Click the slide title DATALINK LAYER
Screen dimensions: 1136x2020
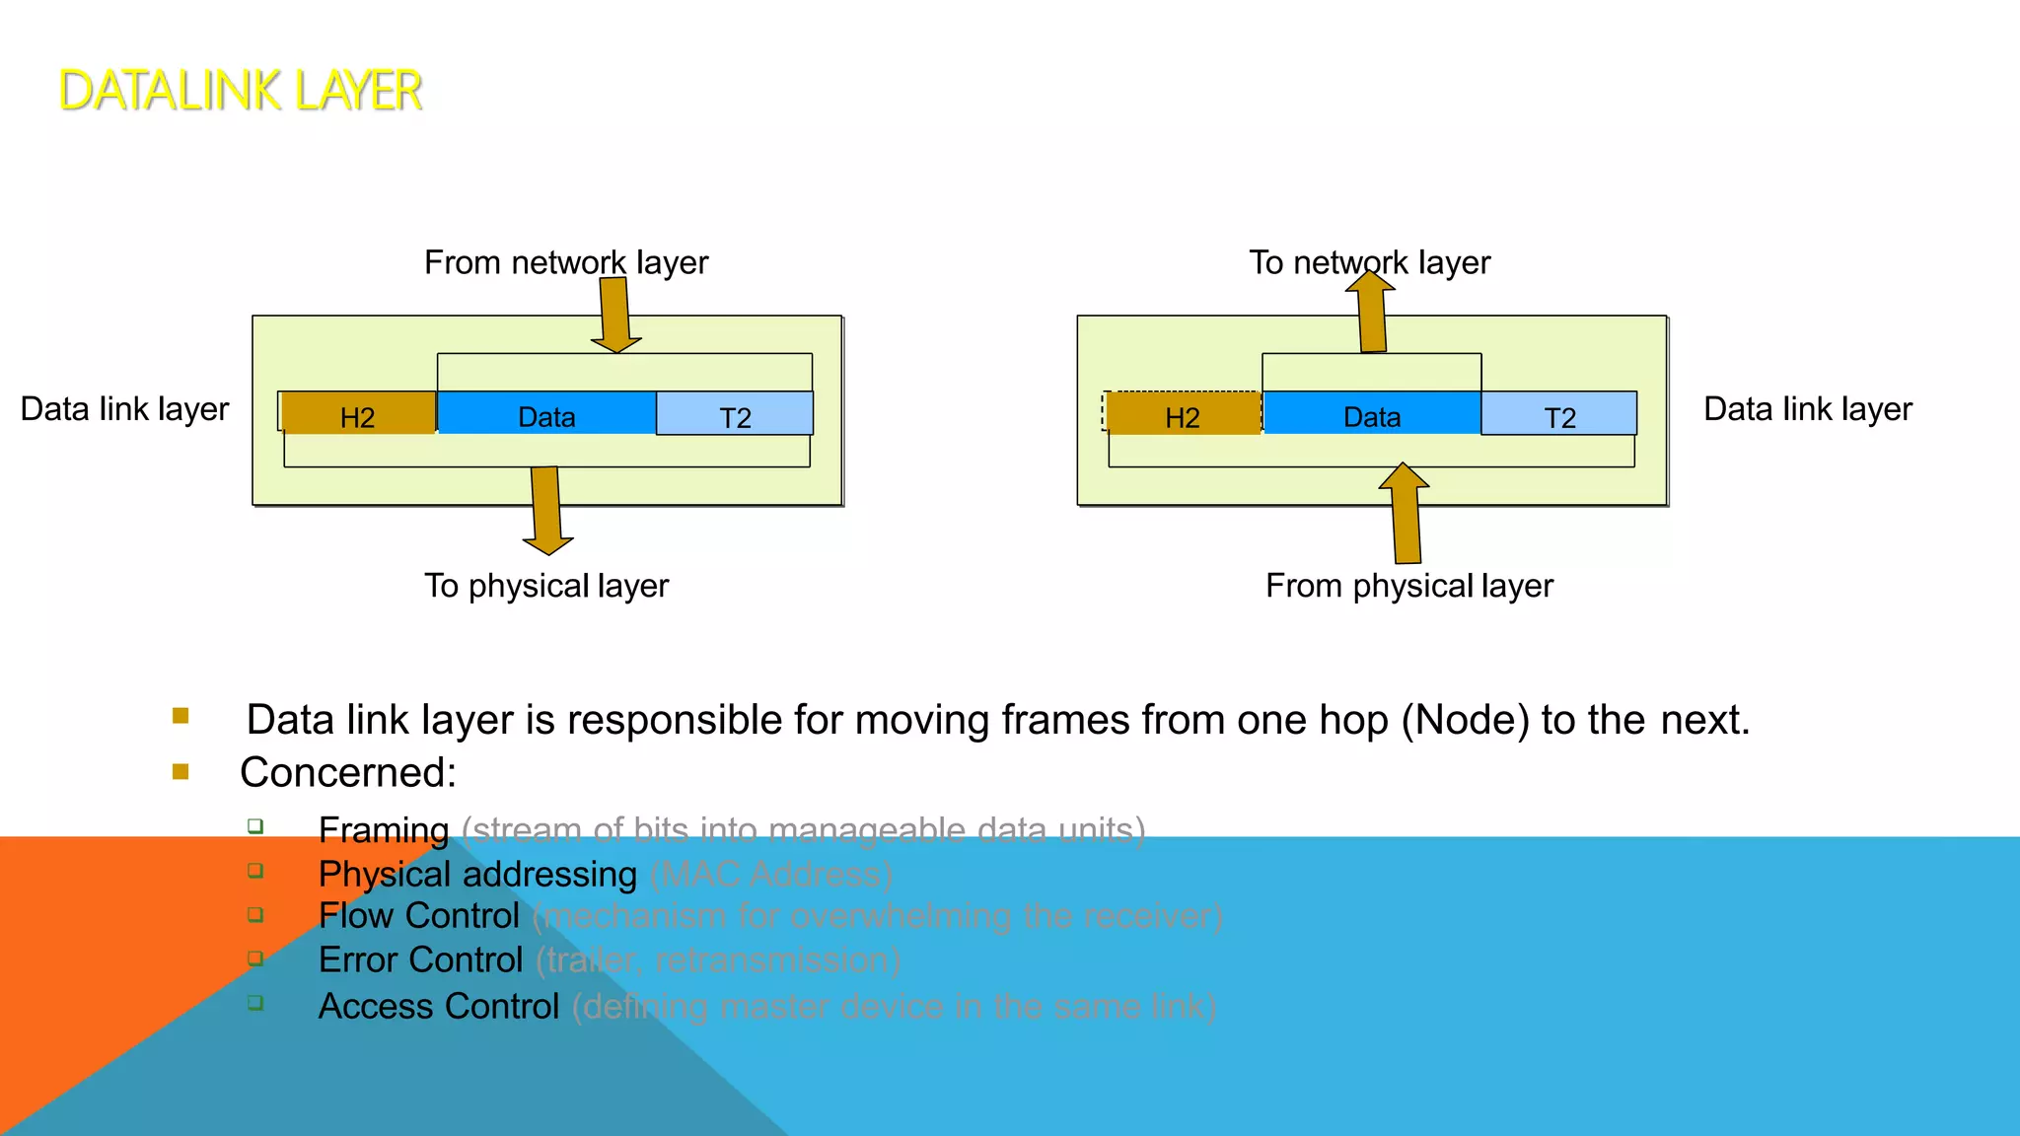(x=240, y=91)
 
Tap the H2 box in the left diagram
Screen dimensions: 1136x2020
(x=357, y=414)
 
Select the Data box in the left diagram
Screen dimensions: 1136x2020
(x=546, y=414)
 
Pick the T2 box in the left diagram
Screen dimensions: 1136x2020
(x=735, y=414)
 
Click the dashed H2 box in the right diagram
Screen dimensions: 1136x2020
(x=1182, y=414)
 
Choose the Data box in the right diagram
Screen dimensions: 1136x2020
(x=1371, y=414)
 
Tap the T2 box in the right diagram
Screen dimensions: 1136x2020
(x=1559, y=414)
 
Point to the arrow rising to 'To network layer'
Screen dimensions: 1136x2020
(x=1372, y=314)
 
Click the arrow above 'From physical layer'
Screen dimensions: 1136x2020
(x=1406, y=515)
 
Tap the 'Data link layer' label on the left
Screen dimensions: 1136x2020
(x=124, y=408)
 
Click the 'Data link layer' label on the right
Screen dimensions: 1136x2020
(x=1807, y=408)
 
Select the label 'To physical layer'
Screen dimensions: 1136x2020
(x=546, y=586)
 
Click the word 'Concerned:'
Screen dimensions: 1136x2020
(x=348, y=772)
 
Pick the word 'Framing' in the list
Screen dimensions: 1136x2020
(x=384, y=830)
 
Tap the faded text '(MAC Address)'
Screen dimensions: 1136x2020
(x=771, y=875)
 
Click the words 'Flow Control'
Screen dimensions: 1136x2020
(x=418, y=916)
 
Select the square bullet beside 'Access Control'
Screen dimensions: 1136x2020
(x=255, y=1003)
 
